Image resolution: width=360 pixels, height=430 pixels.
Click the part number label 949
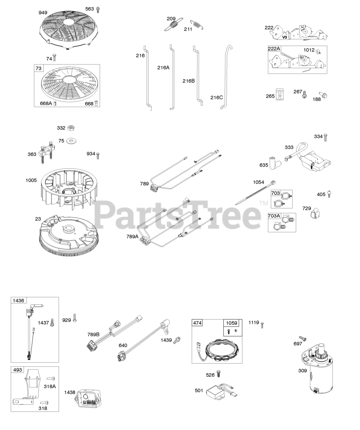[x=43, y=13]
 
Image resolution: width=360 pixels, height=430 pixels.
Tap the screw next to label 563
[x=98, y=9]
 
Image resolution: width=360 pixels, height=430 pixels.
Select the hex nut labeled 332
[x=71, y=128]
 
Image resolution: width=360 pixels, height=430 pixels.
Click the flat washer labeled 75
[x=71, y=141]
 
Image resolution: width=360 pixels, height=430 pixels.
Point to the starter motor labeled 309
[x=318, y=373]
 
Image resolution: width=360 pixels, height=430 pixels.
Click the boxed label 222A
[x=274, y=49]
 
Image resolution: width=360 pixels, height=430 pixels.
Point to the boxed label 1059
[x=231, y=323]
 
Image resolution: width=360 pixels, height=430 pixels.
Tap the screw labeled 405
[x=330, y=194]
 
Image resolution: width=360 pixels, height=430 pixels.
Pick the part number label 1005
[x=31, y=180]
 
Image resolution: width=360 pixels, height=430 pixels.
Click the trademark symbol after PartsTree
[x=264, y=203]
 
